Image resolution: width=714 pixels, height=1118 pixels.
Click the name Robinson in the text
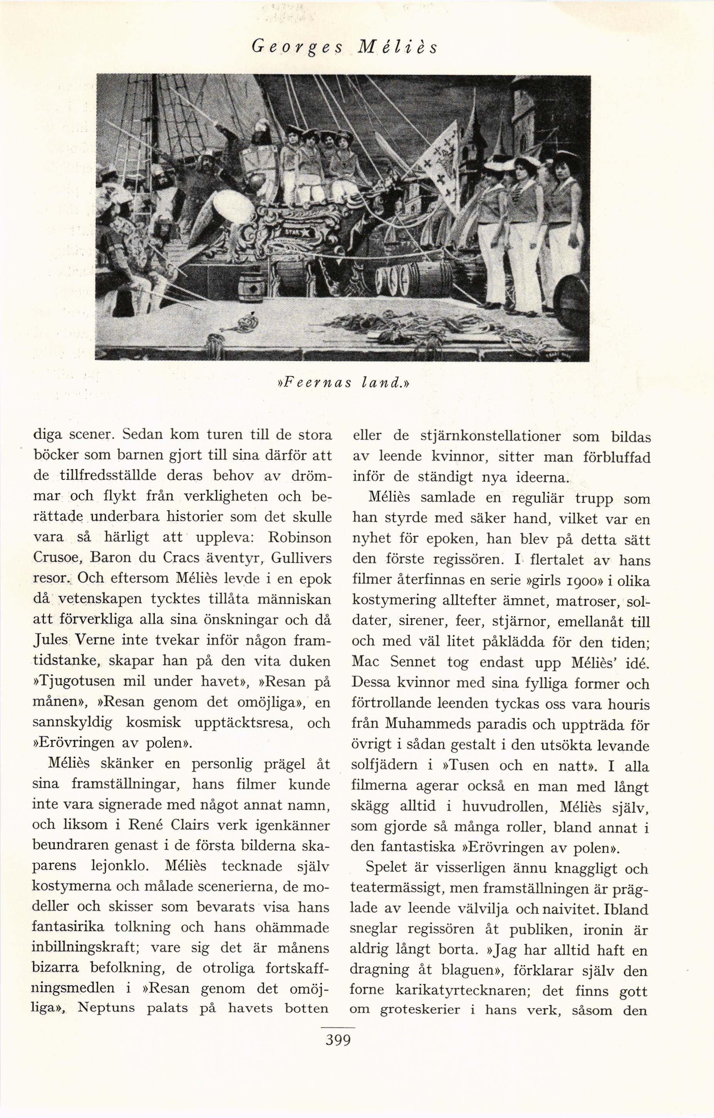[300, 537]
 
